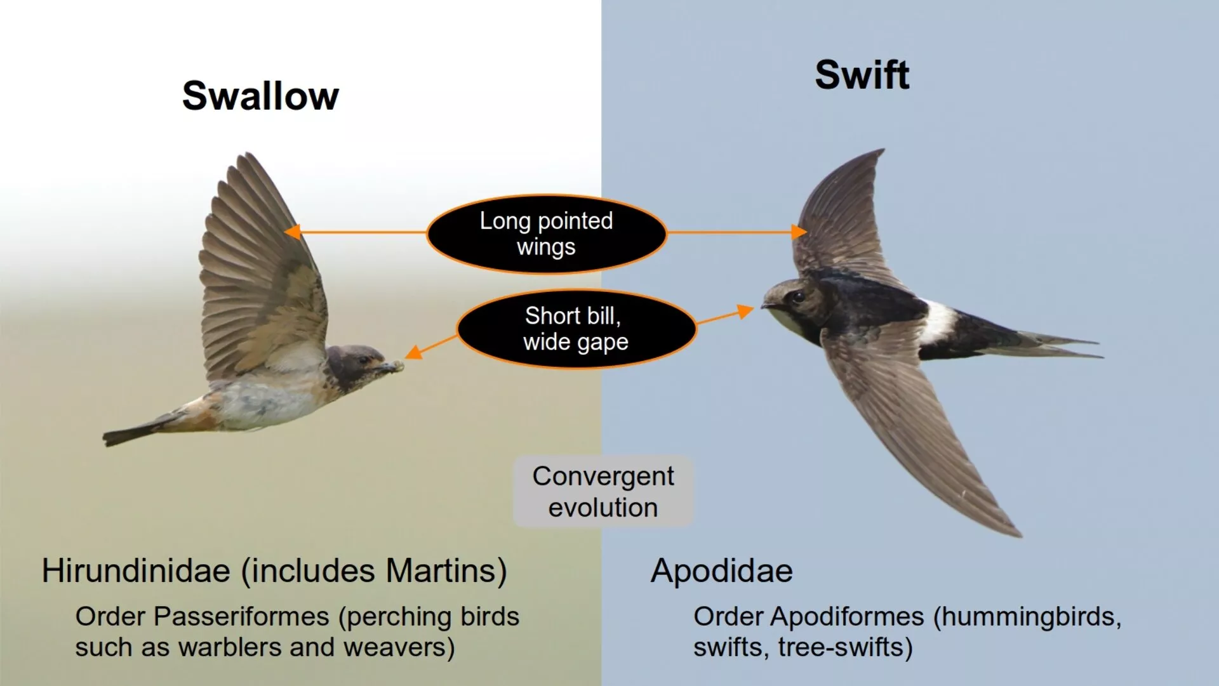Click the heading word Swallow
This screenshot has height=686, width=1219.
(x=260, y=96)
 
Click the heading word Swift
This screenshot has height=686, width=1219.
(x=862, y=75)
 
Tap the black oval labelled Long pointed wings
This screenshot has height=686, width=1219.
(x=547, y=234)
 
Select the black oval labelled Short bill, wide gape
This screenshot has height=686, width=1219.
(x=576, y=329)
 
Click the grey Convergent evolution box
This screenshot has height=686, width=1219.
(x=603, y=491)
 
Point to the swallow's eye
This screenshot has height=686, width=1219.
(x=363, y=360)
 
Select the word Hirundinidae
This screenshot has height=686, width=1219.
(x=136, y=571)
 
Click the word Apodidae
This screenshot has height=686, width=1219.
(x=722, y=571)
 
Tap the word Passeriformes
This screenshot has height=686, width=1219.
(x=241, y=617)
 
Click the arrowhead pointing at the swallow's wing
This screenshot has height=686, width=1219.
(x=292, y=232)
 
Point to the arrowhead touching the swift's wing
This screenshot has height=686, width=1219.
(x=799, y=232)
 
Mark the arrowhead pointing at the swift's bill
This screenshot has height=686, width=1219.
(x=745, y=311)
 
